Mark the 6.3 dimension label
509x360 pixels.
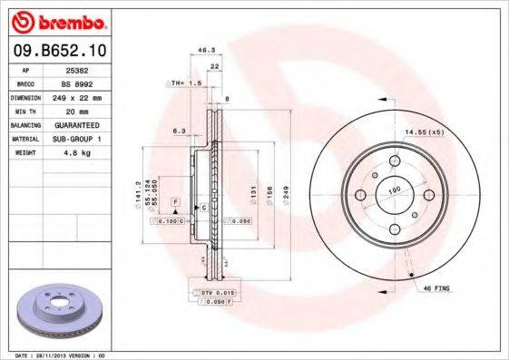(x=181, y=131)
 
